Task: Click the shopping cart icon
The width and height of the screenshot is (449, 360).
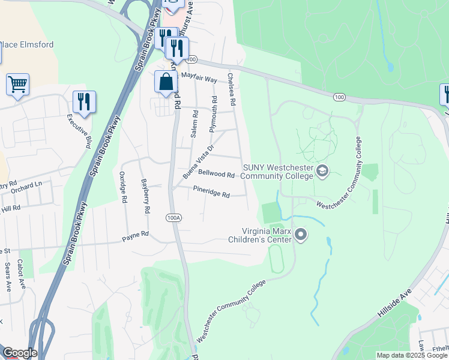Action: (17, 85)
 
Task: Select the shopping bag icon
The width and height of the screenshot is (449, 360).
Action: (165, 82)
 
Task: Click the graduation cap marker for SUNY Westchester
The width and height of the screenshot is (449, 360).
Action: (322, 172)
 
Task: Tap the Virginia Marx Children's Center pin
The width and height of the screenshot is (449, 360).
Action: (301, 235)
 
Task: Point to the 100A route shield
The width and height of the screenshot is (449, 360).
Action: (174, 217)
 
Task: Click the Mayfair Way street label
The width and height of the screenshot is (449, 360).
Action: (199, 78)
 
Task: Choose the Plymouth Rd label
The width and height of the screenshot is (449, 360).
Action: (212, 114)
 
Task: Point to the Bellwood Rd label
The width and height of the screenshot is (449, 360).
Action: (216, 174)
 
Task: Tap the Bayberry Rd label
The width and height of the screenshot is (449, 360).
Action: (145, 196)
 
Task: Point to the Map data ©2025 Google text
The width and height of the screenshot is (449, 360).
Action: (411, 355)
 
